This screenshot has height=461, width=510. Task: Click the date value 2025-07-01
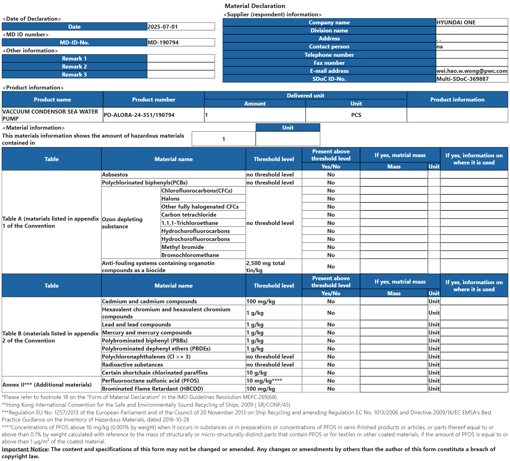(163, 27)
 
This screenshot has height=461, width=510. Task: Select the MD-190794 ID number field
(163, 43)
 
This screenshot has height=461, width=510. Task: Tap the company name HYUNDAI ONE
(456, 23)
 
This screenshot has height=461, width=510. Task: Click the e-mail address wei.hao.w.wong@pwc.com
(471, 71)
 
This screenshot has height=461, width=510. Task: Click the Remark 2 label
(74, 67)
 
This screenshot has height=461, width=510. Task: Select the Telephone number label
(329, 55)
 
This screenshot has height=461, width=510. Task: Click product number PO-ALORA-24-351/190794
(139, 115)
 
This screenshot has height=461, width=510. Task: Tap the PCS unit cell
(356, 115)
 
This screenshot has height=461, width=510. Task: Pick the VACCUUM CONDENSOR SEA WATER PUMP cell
(50, 115)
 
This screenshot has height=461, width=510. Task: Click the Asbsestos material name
(115, 175)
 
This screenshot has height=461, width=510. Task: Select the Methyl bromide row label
(182, 247)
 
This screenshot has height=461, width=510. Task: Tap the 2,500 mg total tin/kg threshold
(265, 267)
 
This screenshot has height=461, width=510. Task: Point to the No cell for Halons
(331, 199)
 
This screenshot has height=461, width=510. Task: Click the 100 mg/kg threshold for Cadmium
(260, 301)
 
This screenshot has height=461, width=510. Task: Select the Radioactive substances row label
(132, 365)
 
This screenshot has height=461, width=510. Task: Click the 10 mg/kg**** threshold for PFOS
(264, 381)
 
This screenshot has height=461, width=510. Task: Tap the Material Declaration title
(255, 6)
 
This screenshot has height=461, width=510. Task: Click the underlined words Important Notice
(25, 449)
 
